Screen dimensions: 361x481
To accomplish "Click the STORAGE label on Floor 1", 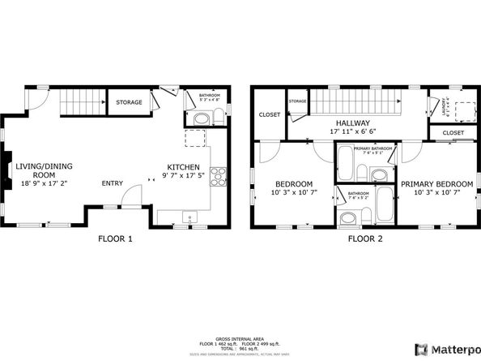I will tap(129, 102).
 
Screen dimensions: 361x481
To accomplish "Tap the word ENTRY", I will tap(113, 183).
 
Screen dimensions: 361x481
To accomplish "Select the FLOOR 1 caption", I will tap(115, 239).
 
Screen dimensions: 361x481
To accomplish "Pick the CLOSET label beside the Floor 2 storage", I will tap(270, 115).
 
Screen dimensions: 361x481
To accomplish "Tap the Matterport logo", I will tap(444, 349).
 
